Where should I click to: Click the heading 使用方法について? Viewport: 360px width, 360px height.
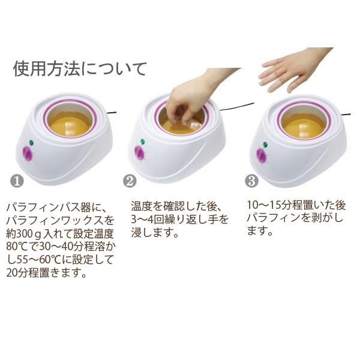point(79,68)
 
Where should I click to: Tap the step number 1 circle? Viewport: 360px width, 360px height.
point(18,180)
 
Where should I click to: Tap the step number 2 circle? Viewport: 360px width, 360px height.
point(130,180)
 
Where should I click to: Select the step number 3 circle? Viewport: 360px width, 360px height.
point(252,180)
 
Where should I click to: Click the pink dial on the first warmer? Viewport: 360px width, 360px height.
point(27,154)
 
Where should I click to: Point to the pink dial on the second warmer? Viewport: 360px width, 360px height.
point(139,153)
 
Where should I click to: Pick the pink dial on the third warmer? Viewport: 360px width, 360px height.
point(262,155)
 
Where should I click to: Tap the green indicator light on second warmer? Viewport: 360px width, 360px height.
point(142,142)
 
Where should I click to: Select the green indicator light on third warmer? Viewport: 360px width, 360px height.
point(265,145)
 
